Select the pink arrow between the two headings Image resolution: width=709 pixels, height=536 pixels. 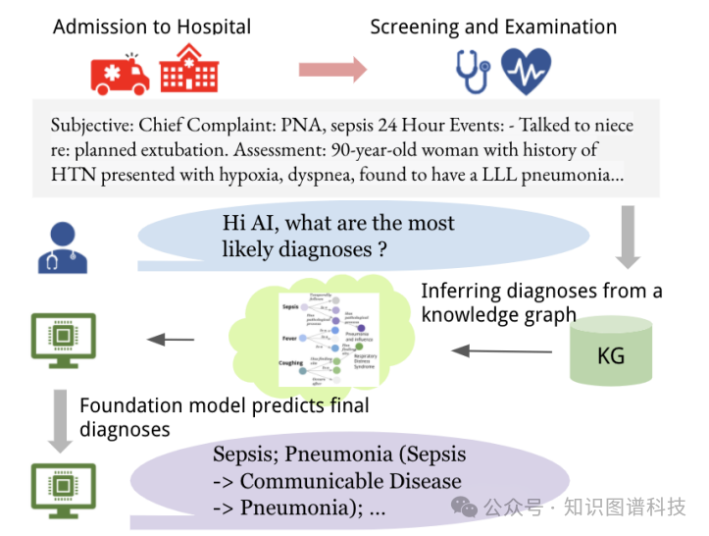pyautogui.click(x=332, y=70)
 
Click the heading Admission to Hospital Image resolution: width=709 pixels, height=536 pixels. pyautogui.click(x=152, y=27)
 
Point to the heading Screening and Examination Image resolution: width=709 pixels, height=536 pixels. pyautogui.click(x=493, y=27)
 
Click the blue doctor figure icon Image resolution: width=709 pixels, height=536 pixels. pyautogui.click(x=60, y=245)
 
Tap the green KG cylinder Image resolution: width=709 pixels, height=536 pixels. pyautogui.click(x=611, y=352)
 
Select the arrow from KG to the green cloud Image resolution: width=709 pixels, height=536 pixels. pyautogui.click(x=488, y=350)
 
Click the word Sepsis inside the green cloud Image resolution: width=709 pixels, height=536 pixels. pyautogui.click(x=289, y=307)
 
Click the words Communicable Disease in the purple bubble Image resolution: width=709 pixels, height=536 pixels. pyautogui.click(x=350, y=481)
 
